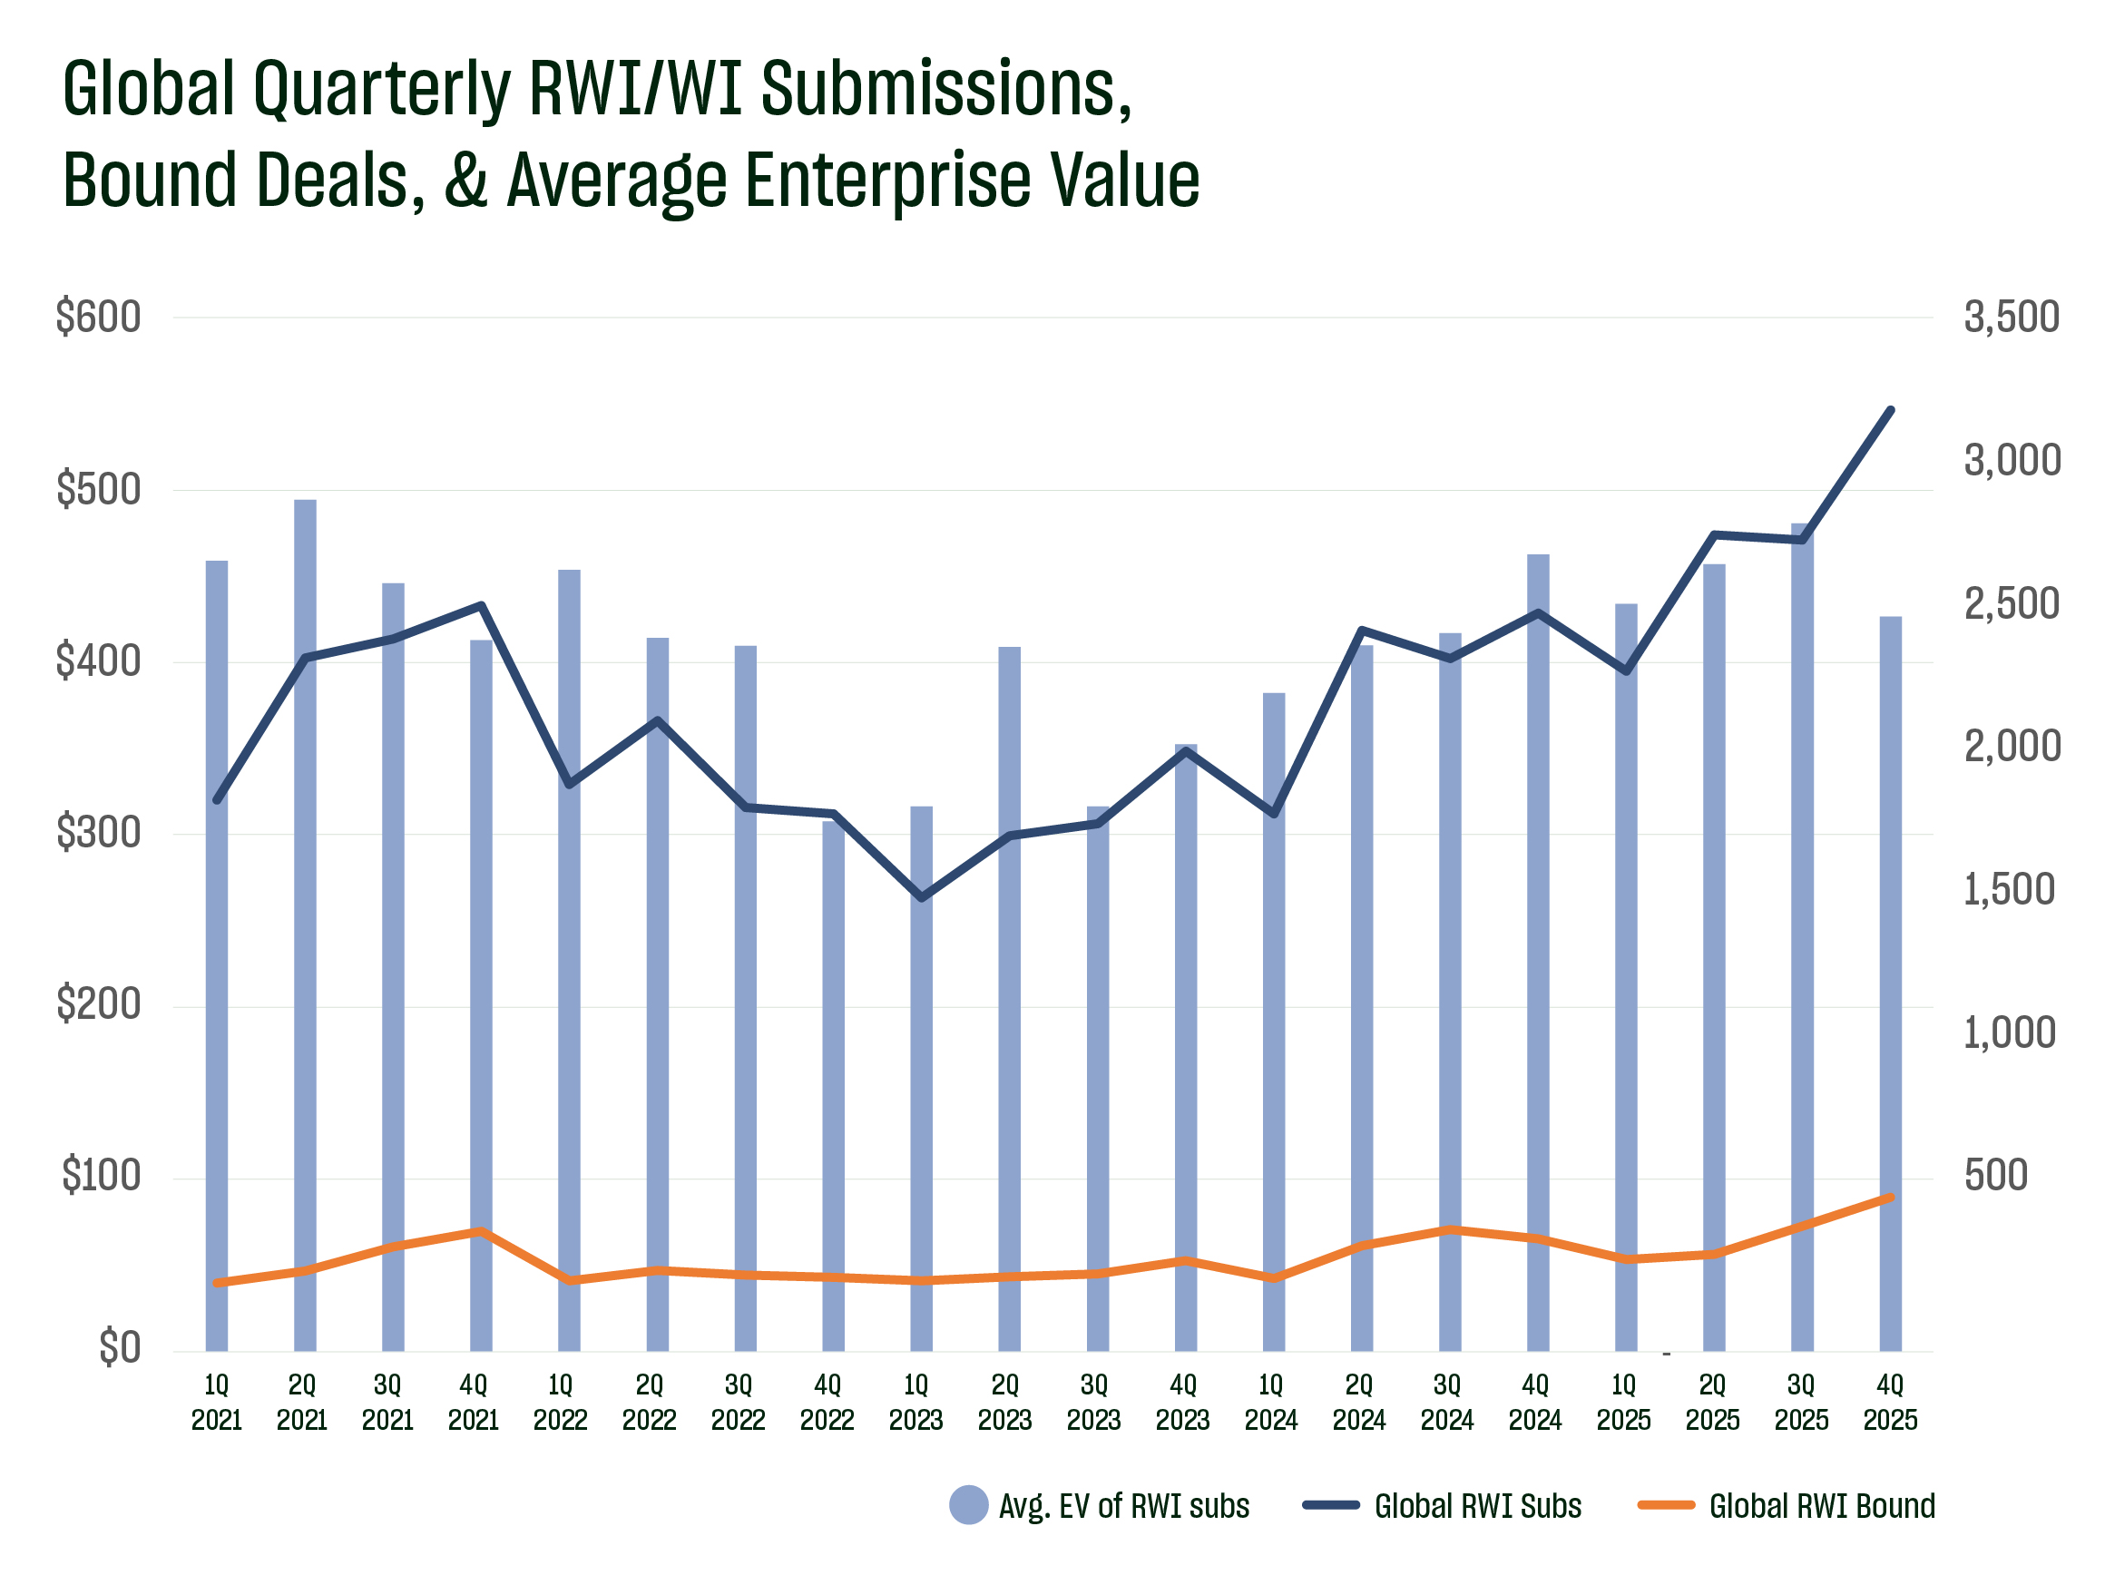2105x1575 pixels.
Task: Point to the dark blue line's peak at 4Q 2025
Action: [x=1891, y=410]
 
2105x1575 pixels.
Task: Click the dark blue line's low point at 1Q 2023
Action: [x=921, y=897]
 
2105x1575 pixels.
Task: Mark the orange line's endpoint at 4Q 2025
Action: [x=1891, y=1198]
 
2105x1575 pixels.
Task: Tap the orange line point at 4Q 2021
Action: [x=482, y=1231]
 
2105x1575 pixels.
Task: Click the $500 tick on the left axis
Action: [x=98, y=490]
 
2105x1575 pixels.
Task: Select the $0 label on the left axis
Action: [x=120, y=1348]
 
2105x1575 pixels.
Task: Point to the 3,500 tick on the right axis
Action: [x=2011, y=318]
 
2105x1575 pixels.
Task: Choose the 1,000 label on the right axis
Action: [x=2009, y=1033]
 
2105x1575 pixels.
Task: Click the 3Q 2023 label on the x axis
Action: [x=1093, y=1402]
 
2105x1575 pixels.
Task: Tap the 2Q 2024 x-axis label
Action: [x=1359, y=1402]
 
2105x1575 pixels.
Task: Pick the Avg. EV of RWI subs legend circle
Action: [x=969, y=1504]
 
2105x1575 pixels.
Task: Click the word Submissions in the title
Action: [x=946, y=90]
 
